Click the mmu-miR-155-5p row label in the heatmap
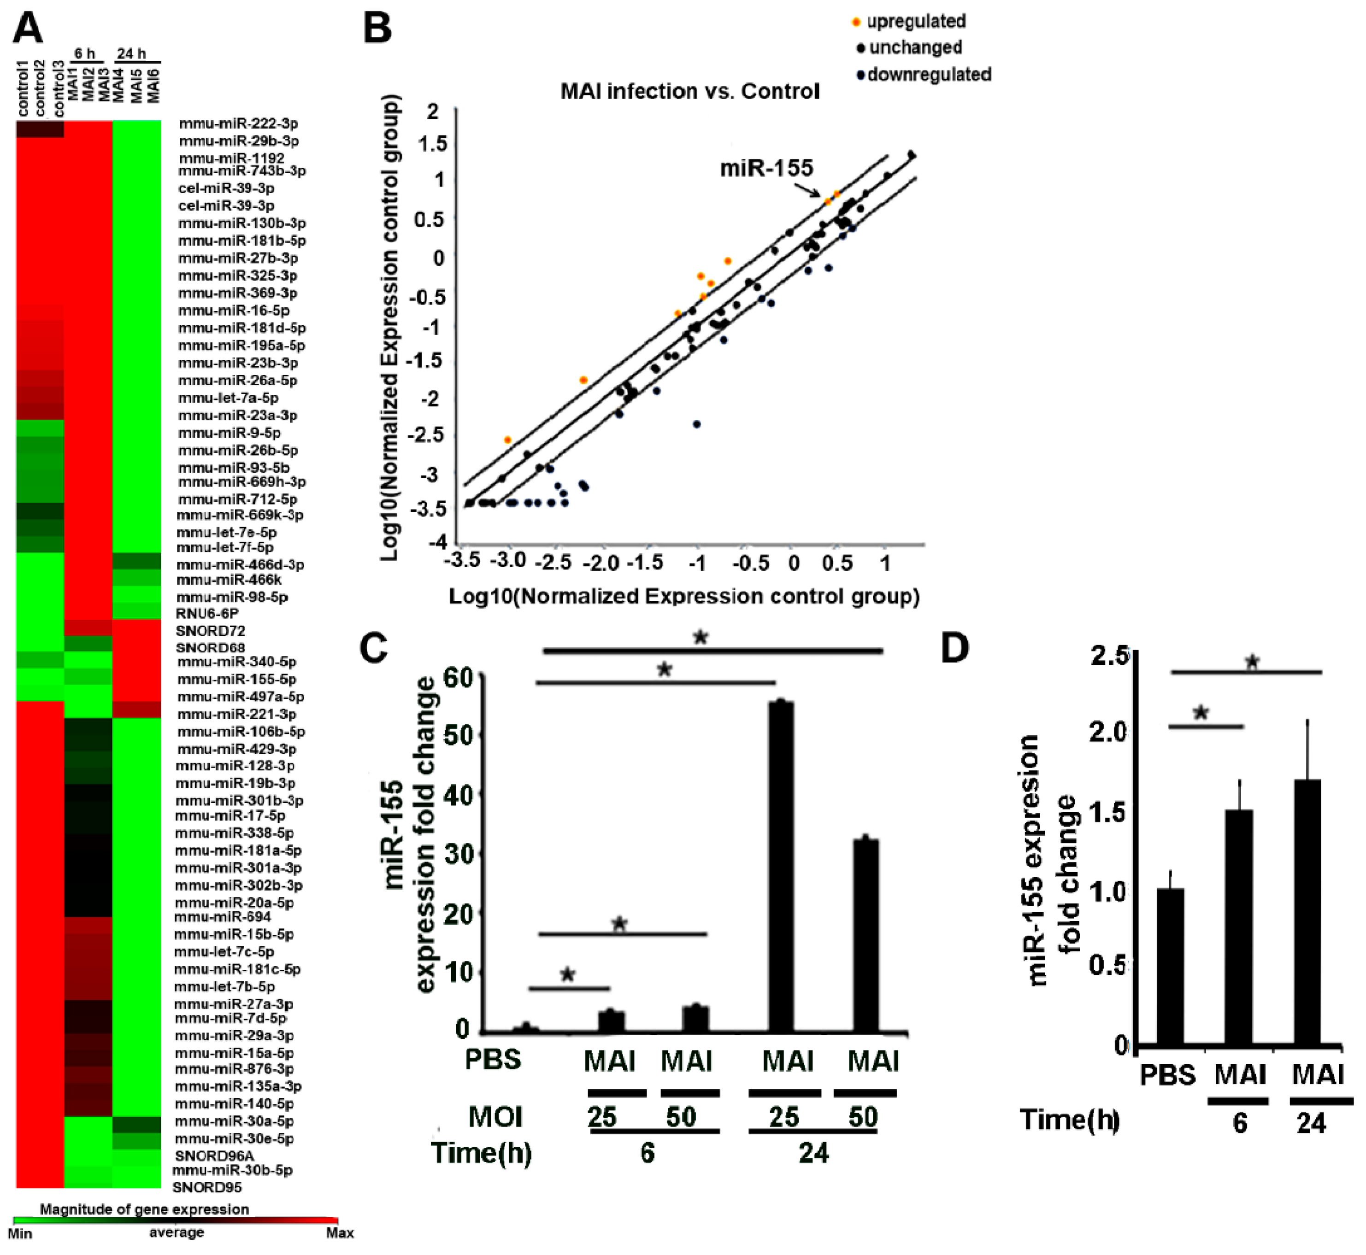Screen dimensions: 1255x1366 click(x=237, y=679)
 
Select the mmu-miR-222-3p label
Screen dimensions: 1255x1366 click(x=238, y=123)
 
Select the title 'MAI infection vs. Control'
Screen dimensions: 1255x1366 click(x=689, y=91)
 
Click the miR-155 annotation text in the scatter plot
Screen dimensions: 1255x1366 click(x=766, y=168)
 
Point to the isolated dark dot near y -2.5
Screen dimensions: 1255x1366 click(x=696, y=424)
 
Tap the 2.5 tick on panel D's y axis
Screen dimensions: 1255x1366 click(x=1108, y=657)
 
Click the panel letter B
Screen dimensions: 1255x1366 click(x=377, y=29)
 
